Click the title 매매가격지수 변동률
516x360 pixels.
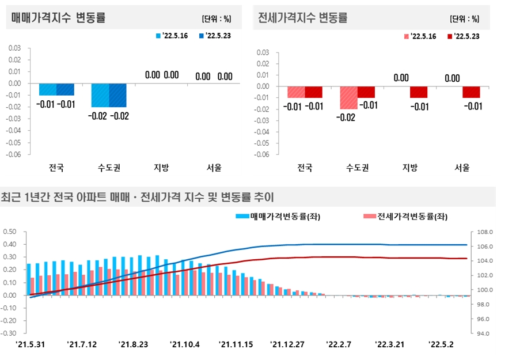(58, 18)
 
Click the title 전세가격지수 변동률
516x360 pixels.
(303, 18)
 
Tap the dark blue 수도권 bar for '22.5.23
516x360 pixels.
(117, 95)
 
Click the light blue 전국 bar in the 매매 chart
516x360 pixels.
(48, 89)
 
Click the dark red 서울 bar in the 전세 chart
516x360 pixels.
(471, 92)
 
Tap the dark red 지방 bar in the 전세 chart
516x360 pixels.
(419, 92)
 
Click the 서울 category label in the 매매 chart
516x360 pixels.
(214, 168)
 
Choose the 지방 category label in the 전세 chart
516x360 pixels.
(409, 168)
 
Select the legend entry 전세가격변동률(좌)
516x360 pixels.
(405, 217)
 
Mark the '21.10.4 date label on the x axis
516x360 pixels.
(185, 344)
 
